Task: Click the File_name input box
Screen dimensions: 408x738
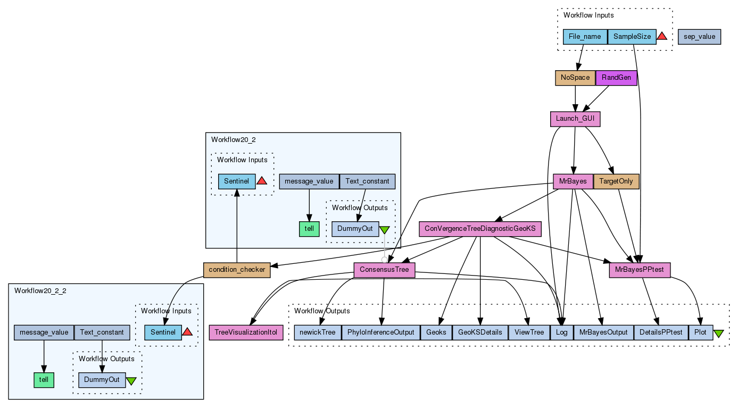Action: pos(585,37)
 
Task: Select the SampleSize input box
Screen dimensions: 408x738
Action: pos(632,37)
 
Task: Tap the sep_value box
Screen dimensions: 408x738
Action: pos(699,37)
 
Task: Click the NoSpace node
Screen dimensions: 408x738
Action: pos(575,78)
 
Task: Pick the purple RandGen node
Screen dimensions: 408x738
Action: pos(616,78)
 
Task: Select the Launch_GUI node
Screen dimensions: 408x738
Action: pos(575,119)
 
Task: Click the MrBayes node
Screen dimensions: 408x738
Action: pos(573,181)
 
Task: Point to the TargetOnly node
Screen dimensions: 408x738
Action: pos(616,181)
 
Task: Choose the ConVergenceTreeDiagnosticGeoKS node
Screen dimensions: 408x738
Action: pos(480,229)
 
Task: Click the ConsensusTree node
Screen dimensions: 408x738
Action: pos(384,270)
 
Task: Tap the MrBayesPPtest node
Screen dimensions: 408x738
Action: pos(640,270)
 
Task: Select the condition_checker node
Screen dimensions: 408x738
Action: pos(237,270)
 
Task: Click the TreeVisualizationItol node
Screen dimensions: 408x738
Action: pos(246,333)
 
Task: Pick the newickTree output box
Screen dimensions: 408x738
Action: pos(318,333)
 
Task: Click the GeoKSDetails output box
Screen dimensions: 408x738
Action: pos(480,333)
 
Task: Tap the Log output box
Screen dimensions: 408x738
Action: pos(561,333)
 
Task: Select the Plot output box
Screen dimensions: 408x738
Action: pos(700,333)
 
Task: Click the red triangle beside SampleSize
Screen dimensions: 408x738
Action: pos(662,37)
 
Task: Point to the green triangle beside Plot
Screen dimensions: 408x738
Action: pos(718,334)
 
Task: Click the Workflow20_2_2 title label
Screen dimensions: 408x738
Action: pos(40,291)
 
